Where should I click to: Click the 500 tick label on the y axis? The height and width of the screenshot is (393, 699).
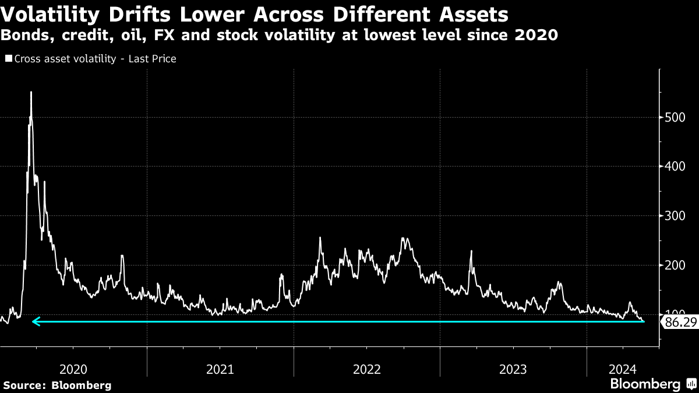coord(675,118)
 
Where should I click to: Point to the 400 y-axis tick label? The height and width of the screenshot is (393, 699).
coord(675,167)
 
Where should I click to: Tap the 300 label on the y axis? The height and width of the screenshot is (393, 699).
coord(675,215)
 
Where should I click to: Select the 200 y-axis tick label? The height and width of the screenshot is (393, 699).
coord(675,265)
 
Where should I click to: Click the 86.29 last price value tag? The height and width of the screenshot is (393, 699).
coord(680,322)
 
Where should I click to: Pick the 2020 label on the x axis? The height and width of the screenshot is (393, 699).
coord(73,369)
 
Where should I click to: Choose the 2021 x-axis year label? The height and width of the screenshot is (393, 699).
coord(220,369)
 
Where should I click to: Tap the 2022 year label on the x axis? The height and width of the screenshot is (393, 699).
coord(367,369)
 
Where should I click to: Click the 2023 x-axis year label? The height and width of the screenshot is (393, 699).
coord(513,369)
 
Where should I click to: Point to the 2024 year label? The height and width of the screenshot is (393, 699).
coord(623,369)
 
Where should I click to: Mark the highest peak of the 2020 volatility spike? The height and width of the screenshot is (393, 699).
coord(31,92)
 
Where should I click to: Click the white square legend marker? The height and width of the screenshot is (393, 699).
coord(9,58)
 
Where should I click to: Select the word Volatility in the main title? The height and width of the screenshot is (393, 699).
coord(50,15)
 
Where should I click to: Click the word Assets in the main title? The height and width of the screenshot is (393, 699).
coord(474,15)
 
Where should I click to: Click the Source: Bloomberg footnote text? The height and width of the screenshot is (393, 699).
coord(58,385)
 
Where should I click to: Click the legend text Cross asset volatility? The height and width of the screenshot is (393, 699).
coord(65,59)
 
